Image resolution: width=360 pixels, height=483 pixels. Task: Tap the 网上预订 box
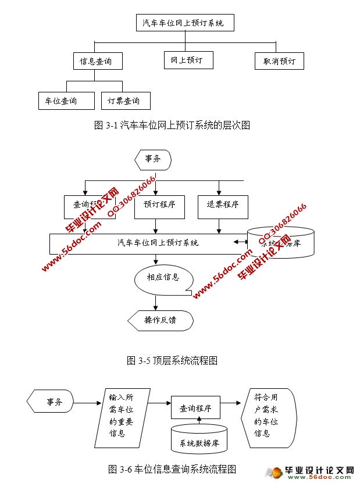tap(188, 60)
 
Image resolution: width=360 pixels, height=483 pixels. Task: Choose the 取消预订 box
tap(279, 61)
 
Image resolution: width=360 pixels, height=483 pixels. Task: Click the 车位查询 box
tap(66, 101)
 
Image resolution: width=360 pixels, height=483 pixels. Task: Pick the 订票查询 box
tap(126, 101)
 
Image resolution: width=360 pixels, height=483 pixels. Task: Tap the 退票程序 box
tap(219, 205)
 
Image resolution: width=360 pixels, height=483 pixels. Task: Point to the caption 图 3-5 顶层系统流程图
tap(172, 360)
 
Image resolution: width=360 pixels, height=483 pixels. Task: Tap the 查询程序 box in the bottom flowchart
tap(195, 409)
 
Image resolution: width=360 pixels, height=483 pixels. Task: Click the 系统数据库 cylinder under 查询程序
tap(199, 440)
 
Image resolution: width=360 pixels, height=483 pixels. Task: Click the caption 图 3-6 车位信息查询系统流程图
tap(172, 468)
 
